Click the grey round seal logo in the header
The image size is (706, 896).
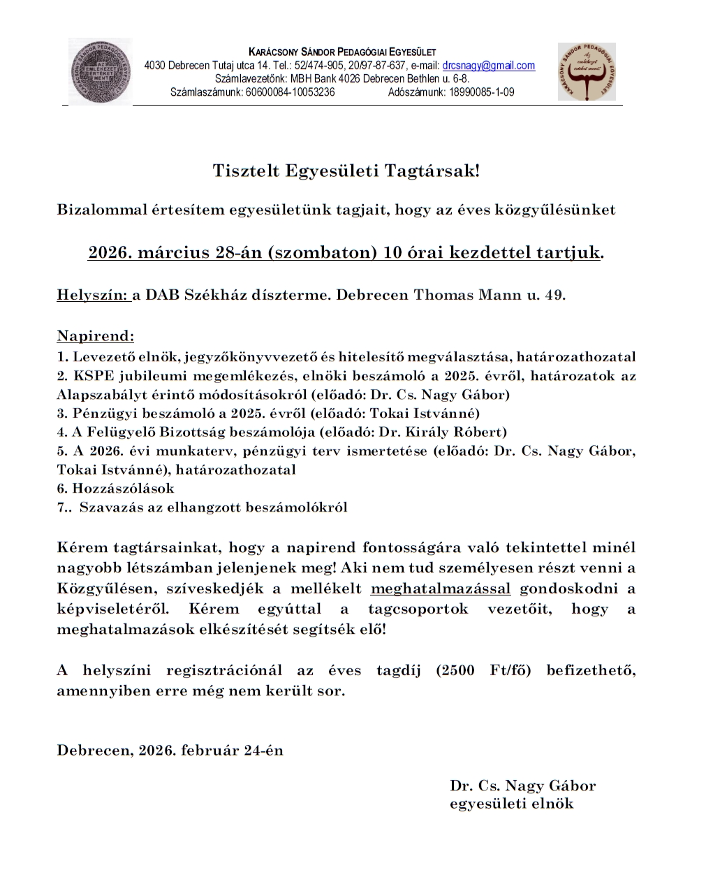(101, 72)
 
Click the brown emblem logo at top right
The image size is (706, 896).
(587, 71)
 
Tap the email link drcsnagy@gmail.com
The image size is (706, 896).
(489, 66)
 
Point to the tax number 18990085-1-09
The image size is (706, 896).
(482, 92)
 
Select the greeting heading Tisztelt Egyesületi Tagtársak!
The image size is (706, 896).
(346, 171)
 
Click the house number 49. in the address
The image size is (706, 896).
(555, 295)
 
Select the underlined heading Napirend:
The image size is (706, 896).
(96, 336)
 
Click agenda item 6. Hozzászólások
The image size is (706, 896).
(116, 489)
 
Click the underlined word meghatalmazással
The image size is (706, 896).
(441, 588)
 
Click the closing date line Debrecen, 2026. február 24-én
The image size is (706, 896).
(170, 751)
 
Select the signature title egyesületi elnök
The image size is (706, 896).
(511, 804)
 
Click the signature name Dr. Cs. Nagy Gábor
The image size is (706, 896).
(522, 786)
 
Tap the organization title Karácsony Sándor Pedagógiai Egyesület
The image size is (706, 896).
(342, 52)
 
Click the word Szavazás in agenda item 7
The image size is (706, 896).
(110, 507)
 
